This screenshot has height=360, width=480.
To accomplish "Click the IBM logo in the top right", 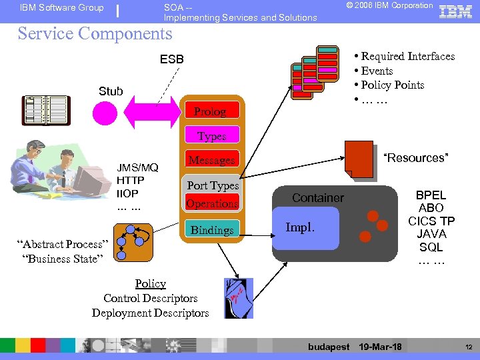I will [x=456, y=11].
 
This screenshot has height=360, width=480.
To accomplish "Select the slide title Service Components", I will [x=95, y=33].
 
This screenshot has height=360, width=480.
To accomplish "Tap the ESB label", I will [x=172, y=59].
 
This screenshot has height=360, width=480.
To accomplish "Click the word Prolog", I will [x=210, y=111].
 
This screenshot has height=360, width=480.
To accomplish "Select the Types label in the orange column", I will [x=211, y=136].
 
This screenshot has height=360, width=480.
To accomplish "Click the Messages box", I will [x=211, y=160].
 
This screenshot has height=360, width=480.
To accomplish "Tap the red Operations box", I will [x=212, y=203].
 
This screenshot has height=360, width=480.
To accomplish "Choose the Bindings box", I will [x=212, y=230].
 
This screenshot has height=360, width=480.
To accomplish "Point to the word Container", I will [x=318, y=198].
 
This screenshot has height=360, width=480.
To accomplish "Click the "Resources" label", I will [x=416, y=158].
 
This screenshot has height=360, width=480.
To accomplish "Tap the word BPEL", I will [x=431, y=195].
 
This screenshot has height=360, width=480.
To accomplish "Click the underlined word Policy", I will [x=150, y=284].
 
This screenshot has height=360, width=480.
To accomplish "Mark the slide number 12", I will [x=467, y=347].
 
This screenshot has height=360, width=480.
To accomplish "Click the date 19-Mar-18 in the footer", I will [x=380, y=347].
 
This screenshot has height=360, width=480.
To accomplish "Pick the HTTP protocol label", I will [x=130, y=180].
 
